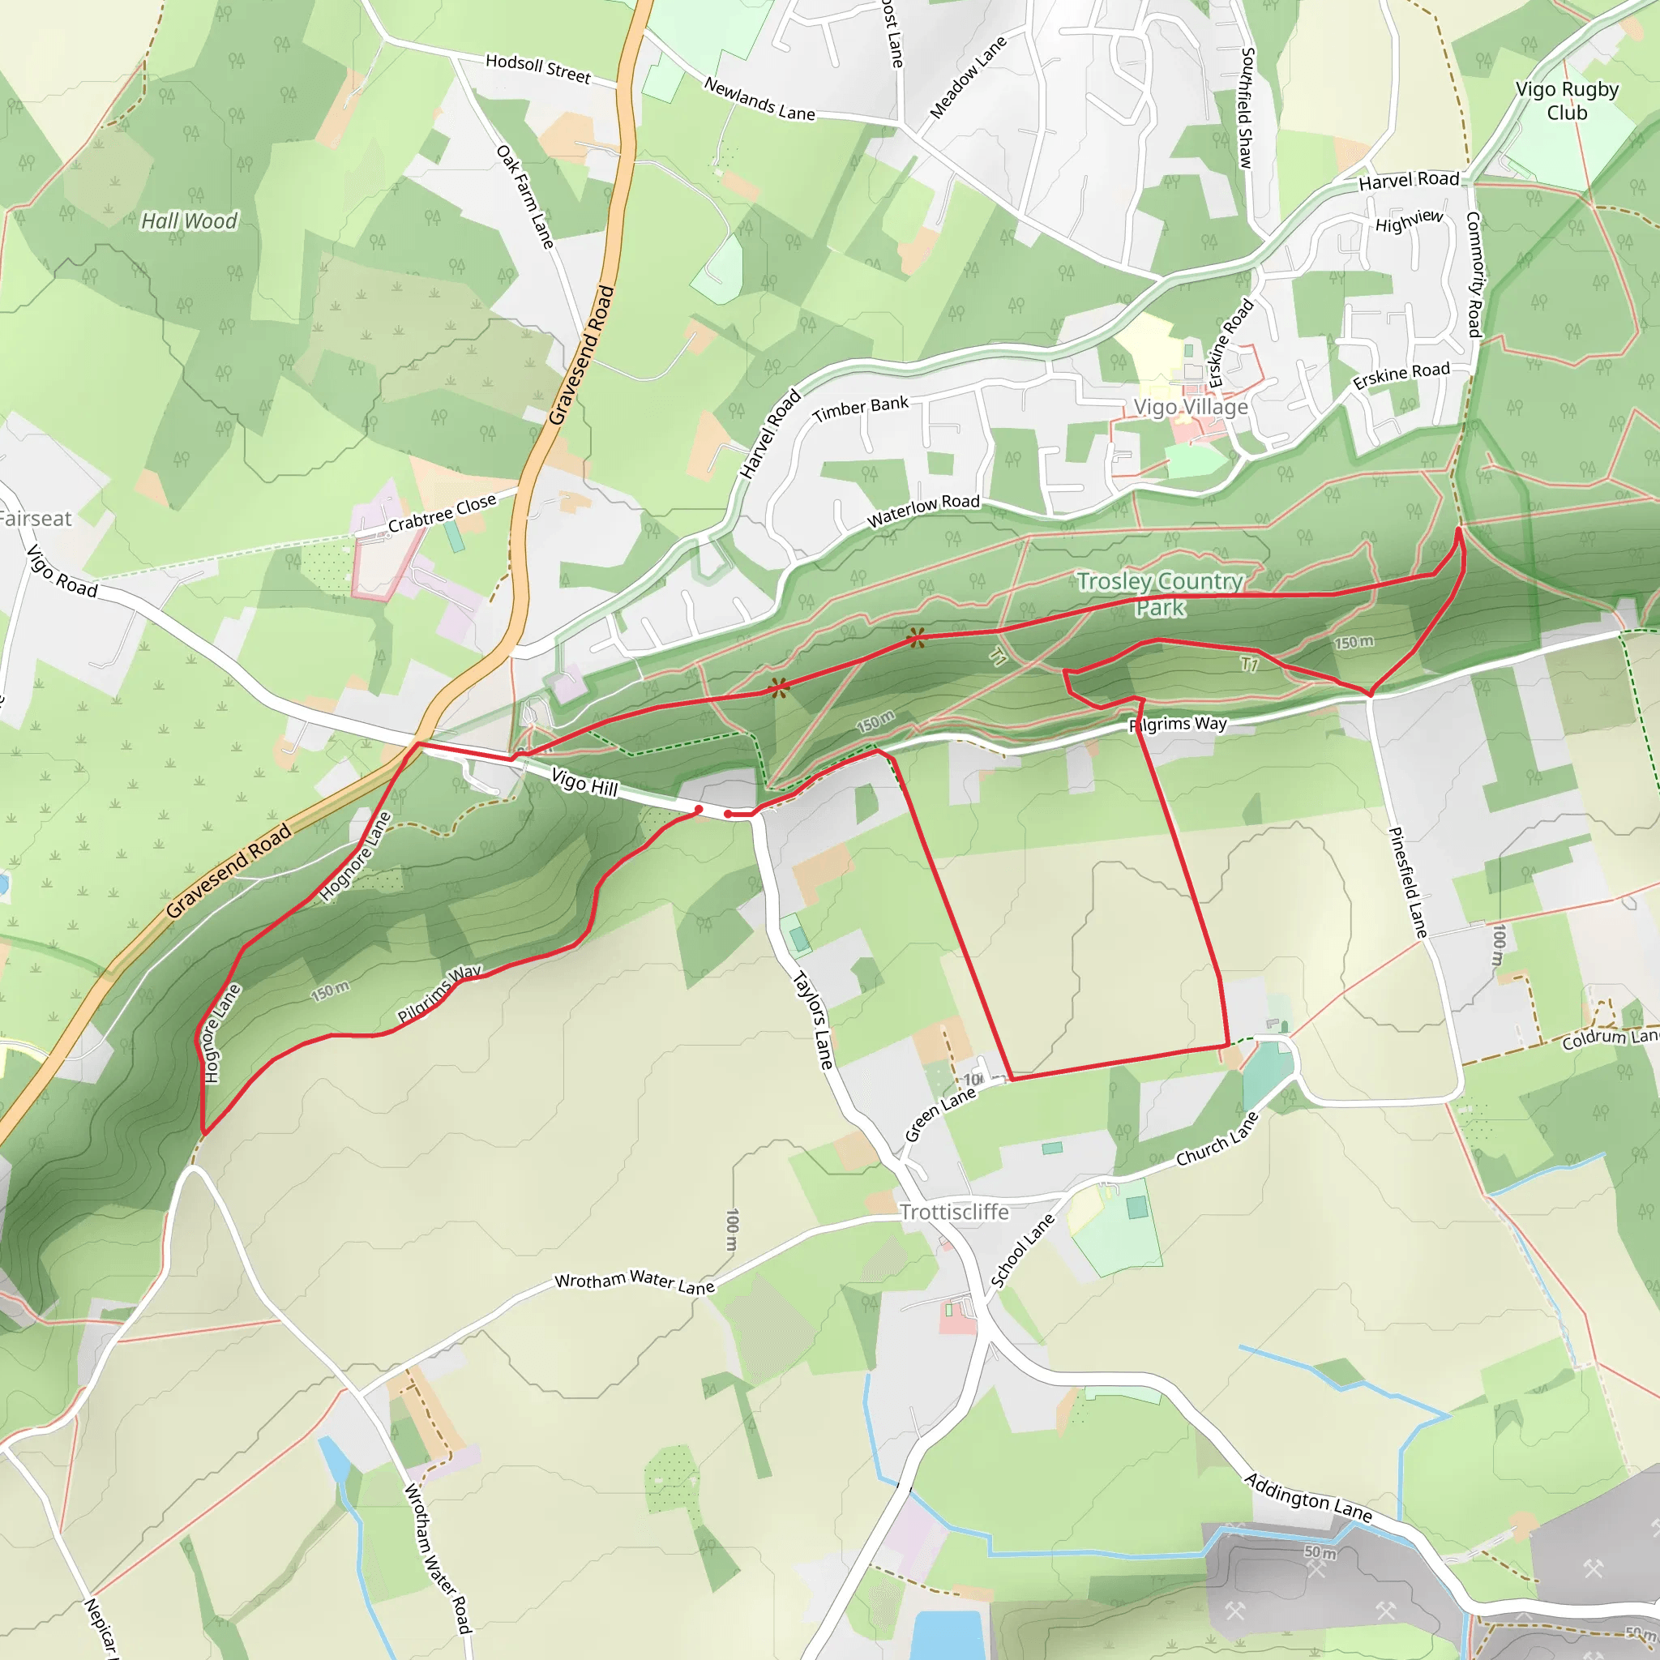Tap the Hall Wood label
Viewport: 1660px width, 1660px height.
(x=189, y=220)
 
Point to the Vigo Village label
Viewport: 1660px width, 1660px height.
(x=1190, y=407)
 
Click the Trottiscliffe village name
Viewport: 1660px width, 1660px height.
(x=954, y=1213)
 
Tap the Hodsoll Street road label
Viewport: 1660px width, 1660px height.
(x=538, y=68)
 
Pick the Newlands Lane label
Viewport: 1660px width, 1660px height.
(x=759, y=100)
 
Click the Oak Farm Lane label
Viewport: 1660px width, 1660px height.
(x=525, y=197)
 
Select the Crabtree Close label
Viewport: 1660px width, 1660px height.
(x=442, y=513)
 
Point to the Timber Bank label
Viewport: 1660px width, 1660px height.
(x=860, y=409)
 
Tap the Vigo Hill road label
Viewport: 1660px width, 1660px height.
(x=584, y=783)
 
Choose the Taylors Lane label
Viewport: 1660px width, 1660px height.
(x=812, y=1020)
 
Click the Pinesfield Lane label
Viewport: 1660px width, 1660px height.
(x=1407, y=883)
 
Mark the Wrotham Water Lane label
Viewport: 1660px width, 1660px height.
(x=634, y=1282)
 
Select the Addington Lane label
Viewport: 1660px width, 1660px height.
(x=1307, y=1498)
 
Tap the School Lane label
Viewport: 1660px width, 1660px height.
(x=1021, y=1251)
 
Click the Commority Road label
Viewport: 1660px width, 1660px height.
(x=1474, y=274)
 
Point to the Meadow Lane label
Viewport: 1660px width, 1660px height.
(x=968, y=78)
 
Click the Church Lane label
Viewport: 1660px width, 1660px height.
(x=1217, y=1140)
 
